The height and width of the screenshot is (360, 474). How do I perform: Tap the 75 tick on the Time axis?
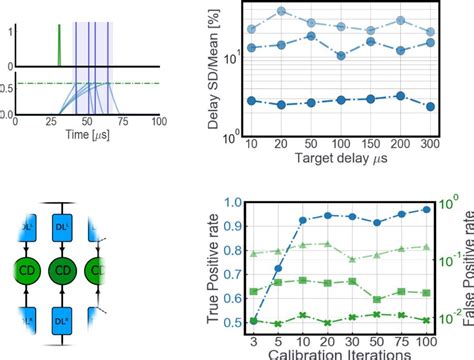[128, 121]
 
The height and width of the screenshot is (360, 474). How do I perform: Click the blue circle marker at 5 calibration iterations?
[278, 268]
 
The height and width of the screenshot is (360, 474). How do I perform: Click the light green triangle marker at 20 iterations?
[328, 243]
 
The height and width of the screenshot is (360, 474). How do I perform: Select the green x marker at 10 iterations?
[303, 315]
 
